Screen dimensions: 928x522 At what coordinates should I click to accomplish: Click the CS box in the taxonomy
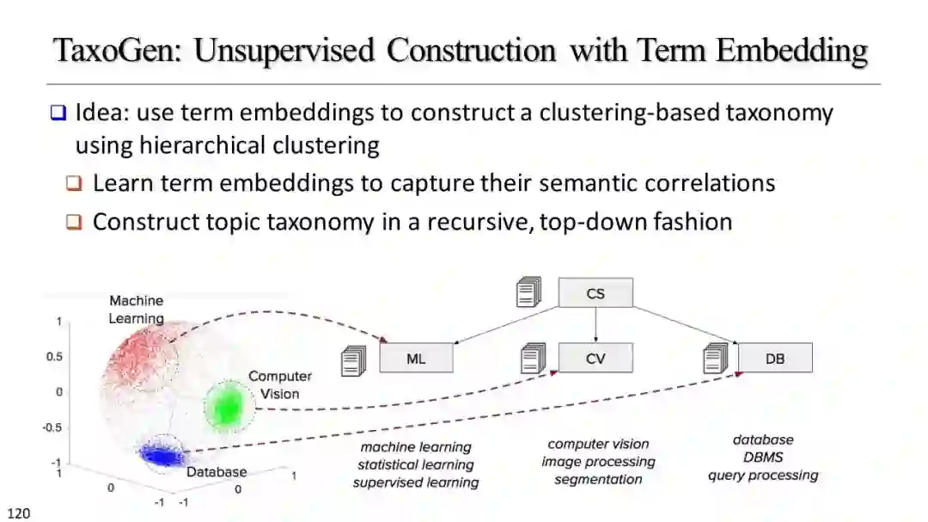click(x=595, y=293)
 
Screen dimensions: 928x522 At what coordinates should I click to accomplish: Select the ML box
click(x=416, y=359)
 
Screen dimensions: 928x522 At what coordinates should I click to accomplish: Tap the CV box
click(x=595, y=358)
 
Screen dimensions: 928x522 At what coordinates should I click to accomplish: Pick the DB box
click(x=775, y=358)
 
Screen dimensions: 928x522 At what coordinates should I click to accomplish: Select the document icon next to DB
click(x=715, y=357)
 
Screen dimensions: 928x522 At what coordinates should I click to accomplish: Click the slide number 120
click(x=19, y=513)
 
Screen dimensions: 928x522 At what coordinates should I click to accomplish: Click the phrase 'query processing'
click(x=763, y=475)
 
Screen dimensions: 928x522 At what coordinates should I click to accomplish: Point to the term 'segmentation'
click(x=598, y=479)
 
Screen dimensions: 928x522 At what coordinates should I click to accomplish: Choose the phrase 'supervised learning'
click(x=416, y=482)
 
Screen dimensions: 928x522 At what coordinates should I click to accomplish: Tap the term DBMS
click(x=763, y=458)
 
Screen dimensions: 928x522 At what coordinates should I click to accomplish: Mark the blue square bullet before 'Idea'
click(x=58, y=113)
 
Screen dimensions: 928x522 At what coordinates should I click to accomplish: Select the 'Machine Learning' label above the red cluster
click(x=136, y=310)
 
